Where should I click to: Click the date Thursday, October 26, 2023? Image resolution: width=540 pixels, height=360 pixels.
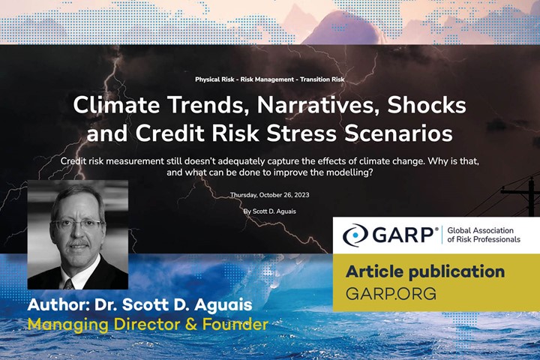(x=270, y=195)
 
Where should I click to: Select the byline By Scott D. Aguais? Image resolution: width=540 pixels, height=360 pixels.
(x=270, y=211)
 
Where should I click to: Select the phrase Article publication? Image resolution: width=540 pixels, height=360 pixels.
(x=424, y=271)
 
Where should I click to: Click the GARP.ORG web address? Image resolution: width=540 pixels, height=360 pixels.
(x=391, y=293)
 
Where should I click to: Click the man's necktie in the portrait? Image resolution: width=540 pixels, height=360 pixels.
(x=69, y=282)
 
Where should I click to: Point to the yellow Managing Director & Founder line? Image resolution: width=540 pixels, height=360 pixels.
(x=148, y=325)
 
